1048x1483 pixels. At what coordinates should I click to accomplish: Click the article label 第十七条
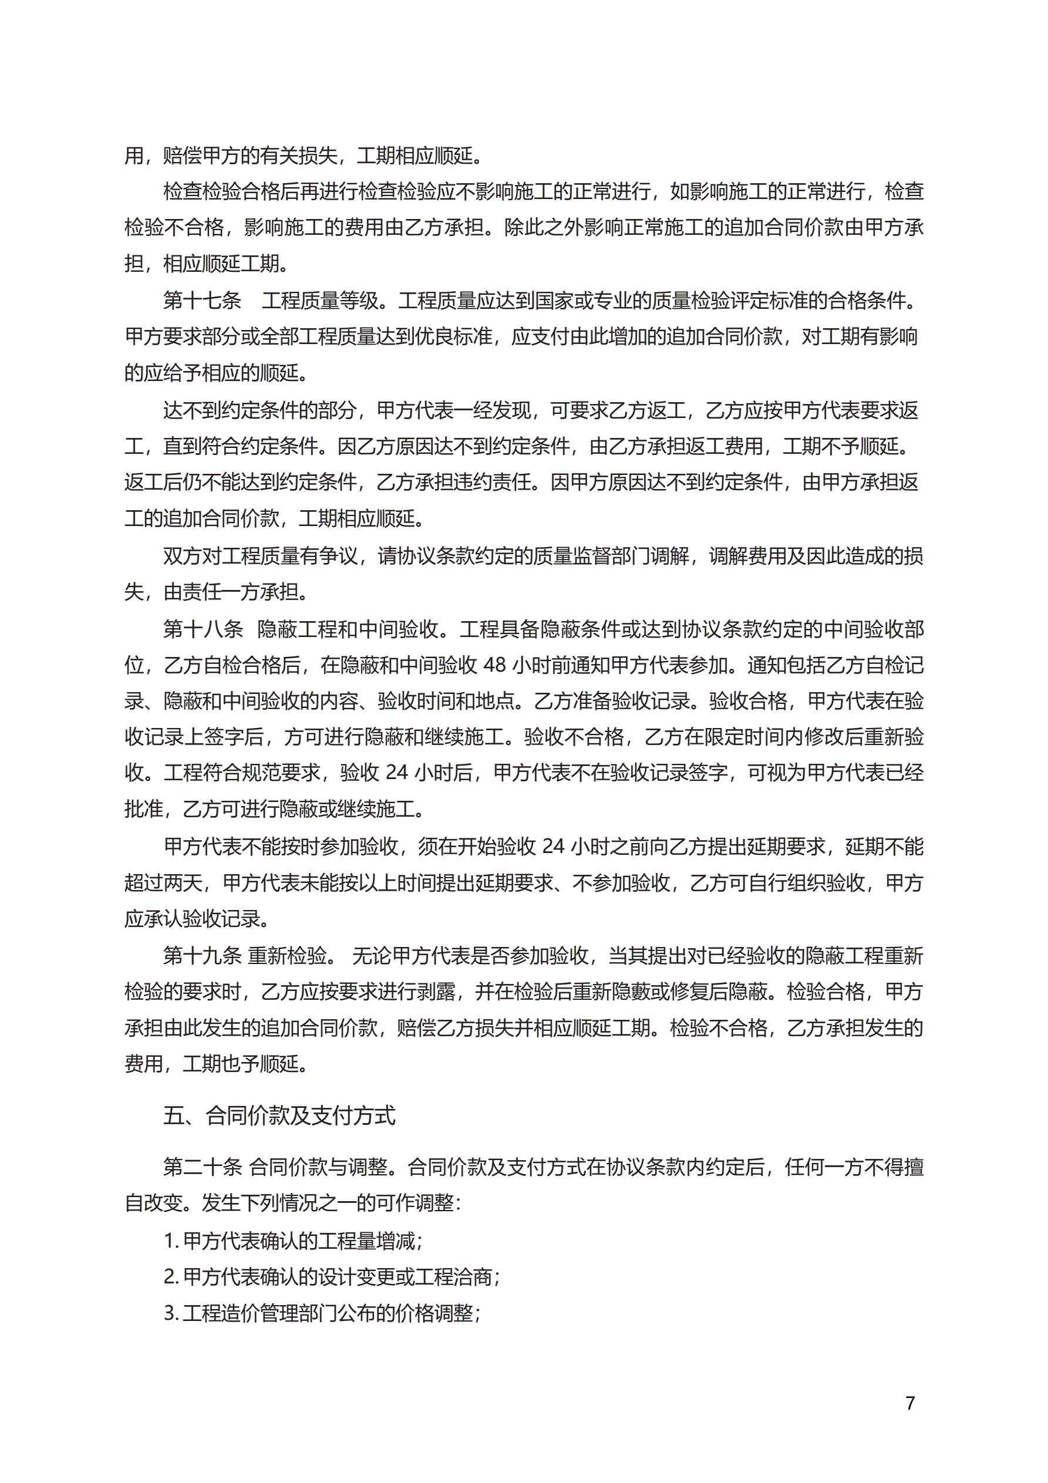coord(201,301)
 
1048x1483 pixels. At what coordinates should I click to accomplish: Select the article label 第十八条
coord(203,629)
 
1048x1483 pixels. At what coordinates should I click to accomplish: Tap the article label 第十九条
coord(202,956)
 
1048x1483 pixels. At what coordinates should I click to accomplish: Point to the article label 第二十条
coord(202,1167)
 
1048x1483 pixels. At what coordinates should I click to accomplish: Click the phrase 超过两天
coord(163,882)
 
